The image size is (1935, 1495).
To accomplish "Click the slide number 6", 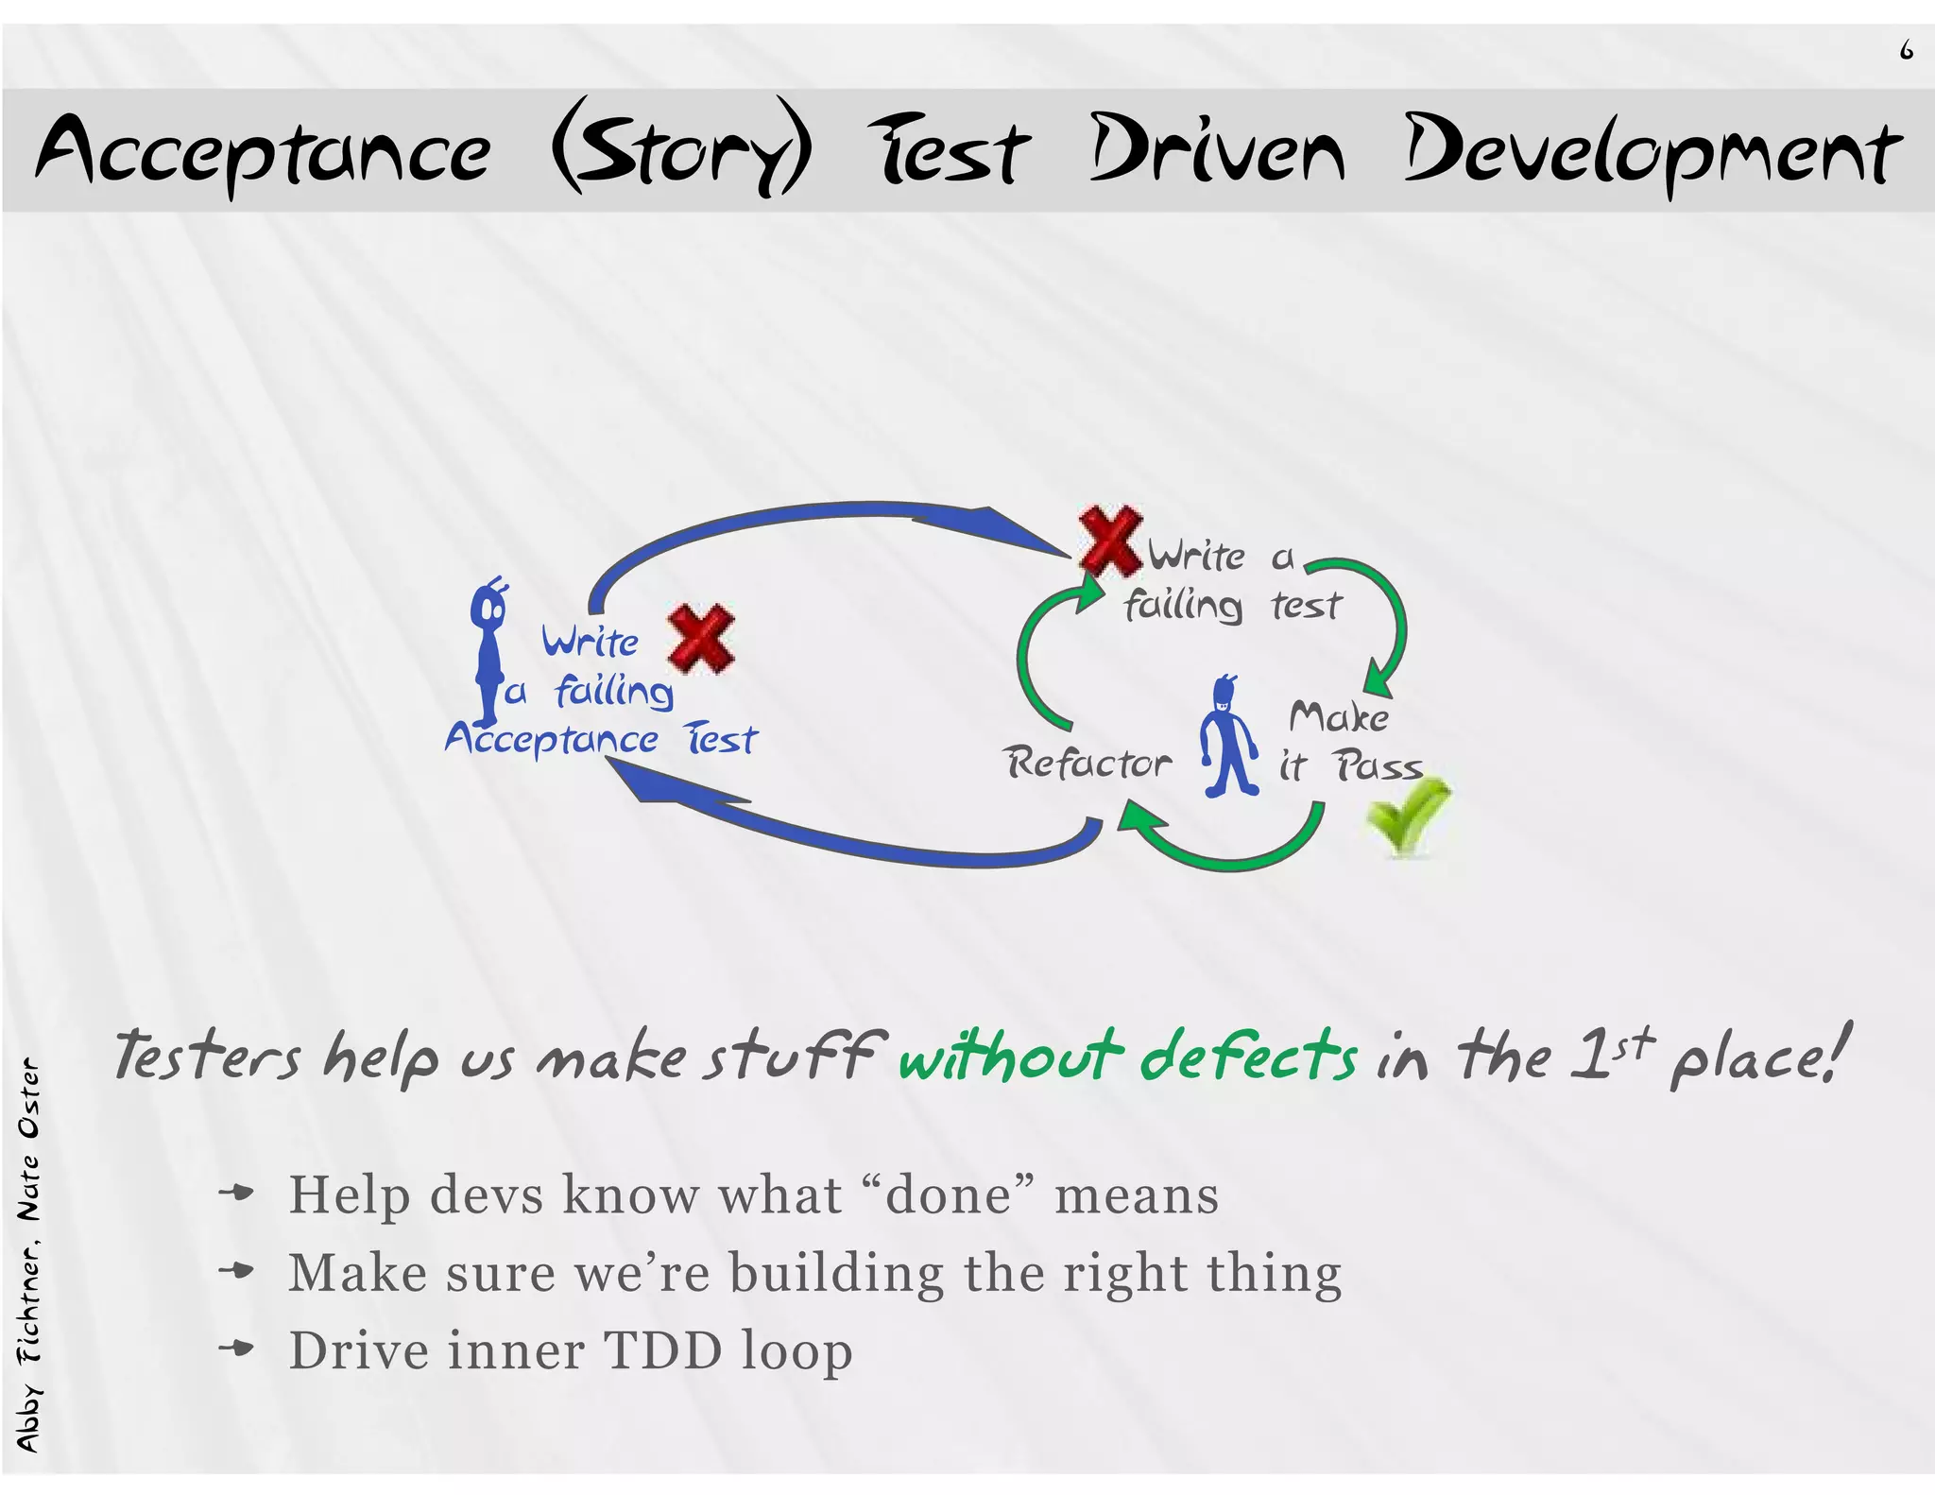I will coord(1906,50).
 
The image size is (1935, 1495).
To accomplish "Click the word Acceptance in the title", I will coord(264,151).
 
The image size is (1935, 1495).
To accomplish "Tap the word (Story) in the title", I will coord(681,149).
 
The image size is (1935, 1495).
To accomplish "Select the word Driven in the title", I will coord(1216,149).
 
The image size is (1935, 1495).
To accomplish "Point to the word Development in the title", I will coord(1652,151).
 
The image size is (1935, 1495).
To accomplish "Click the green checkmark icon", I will coord(1407,816).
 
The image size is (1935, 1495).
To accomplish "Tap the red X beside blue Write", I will coord(701,639).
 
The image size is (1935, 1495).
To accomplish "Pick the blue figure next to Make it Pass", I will coord(1229,737).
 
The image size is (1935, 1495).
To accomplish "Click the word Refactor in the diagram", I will coord(1087,762).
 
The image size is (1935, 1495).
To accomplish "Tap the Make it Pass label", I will coord(1346,742).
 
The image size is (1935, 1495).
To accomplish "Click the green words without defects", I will coord(1127,1057).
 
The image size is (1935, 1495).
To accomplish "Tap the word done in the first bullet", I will coord(948,1194).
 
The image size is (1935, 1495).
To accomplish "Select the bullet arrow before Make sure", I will coord(236,1271).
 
